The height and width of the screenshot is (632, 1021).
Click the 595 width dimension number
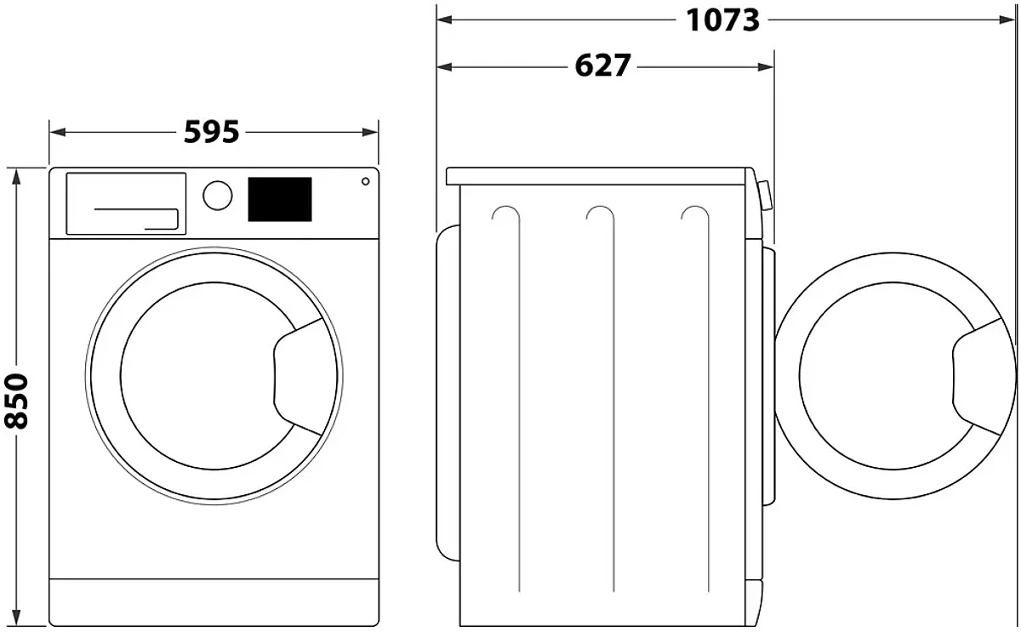tap(212, 132)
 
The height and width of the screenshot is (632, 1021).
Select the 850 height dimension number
tap(16, 401)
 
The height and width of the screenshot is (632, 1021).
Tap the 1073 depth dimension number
tap(723, 20)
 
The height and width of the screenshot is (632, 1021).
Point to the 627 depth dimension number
tap(602, 65)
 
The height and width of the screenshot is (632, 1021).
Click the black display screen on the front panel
tap(280, 200)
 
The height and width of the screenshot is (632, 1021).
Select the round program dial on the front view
tap(218, 196)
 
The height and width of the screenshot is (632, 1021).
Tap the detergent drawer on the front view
tap(126, 203)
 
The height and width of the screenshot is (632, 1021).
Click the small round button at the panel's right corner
tap(365, 181)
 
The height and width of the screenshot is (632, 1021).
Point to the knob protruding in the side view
tap(765, 196)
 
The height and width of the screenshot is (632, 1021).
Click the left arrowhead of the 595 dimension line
tap(58, 132)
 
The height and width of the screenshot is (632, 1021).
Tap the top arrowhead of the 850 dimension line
tap(16, 177)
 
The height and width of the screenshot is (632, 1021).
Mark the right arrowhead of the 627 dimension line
tap(766, 67)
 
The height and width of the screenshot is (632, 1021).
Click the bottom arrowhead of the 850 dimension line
tap(16, 618)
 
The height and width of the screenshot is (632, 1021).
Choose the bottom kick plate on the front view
tap(214, 602)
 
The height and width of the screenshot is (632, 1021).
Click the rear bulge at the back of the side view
tap(448, 393)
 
